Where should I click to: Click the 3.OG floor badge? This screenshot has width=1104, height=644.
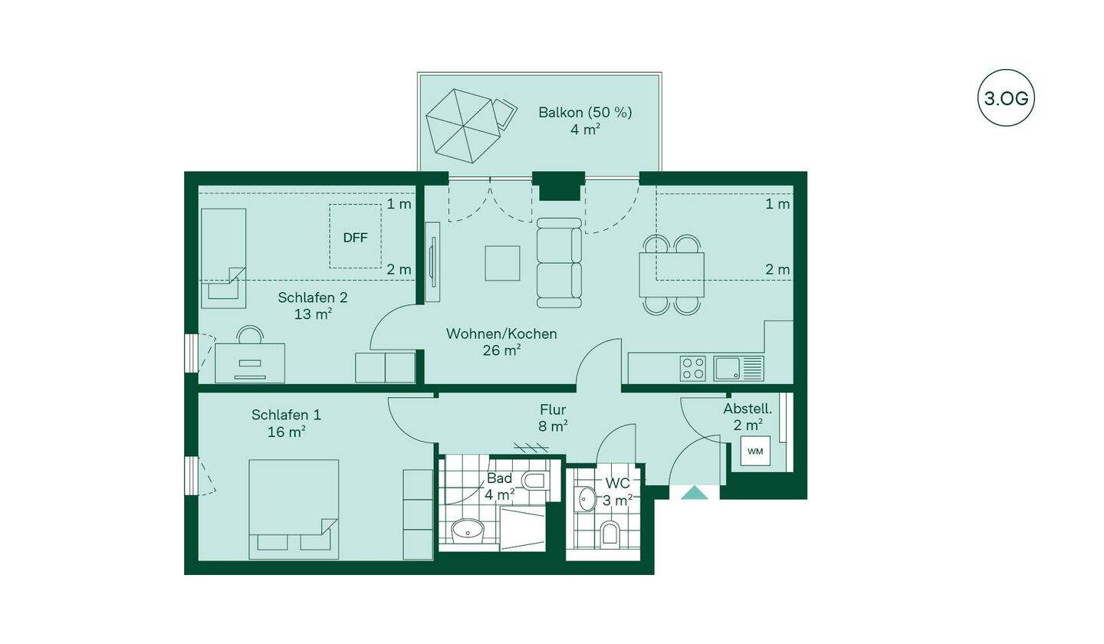[x=1006, y=98]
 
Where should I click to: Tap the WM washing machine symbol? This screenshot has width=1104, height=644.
[x=755, y=451]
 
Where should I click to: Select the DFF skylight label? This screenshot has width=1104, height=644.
[x=356, y=238]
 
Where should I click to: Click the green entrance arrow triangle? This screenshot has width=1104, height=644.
[x=694, y=492]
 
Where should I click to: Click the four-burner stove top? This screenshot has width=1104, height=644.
[x=692, y=368]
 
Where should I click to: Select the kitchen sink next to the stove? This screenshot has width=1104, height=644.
[x=738, y=368]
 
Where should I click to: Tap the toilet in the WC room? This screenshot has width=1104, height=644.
[x=609, y=533]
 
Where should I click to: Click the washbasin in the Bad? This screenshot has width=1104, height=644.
[x=468, y=531]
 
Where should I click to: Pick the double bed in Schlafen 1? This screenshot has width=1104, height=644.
[x=294, y=510]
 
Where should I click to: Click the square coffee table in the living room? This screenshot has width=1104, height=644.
[x=502, y=263]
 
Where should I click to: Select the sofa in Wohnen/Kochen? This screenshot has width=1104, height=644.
[x=559, y=263]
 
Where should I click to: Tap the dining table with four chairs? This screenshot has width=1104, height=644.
[x=672, y=274]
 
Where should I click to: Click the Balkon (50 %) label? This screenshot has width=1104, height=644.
[x=585, y=113]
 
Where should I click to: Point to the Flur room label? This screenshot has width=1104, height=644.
[x=553, y=409]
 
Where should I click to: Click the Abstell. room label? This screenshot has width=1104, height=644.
[x=747, y=409]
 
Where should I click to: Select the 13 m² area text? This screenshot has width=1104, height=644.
[x=313, y=314]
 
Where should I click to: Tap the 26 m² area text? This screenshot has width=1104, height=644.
[x=502, y=350]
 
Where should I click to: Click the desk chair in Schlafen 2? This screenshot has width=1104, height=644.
[x=250, y=334]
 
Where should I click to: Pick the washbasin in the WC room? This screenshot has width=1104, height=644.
[x=586, y=499]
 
